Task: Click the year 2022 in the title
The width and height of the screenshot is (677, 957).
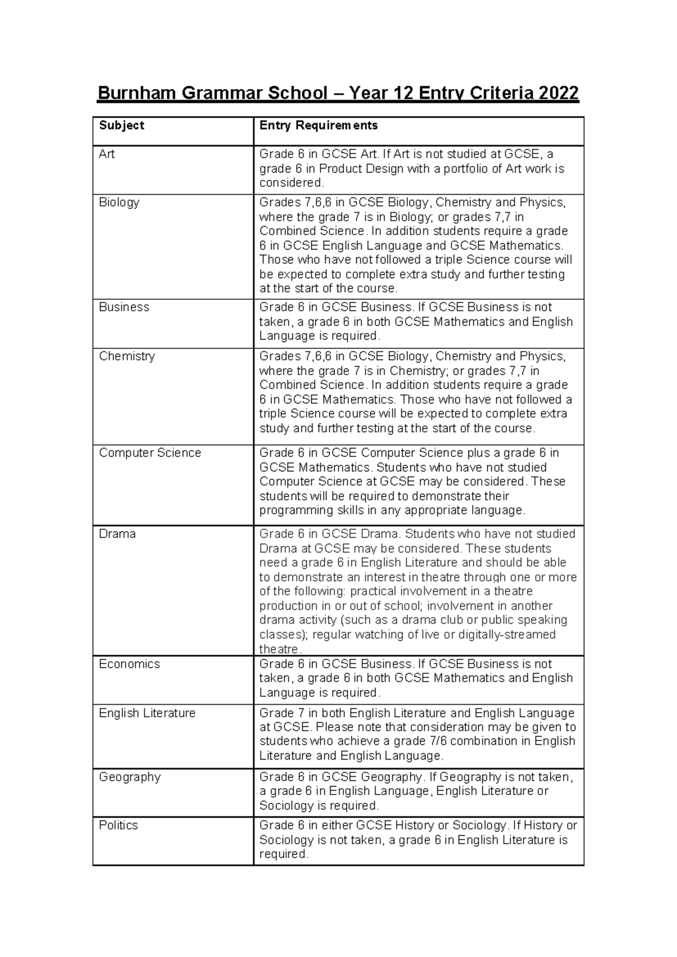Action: click(x=559, y=93)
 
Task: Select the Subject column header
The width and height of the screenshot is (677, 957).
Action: click(x=121, y=125)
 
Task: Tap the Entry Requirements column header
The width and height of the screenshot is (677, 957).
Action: click(x=318, y=125)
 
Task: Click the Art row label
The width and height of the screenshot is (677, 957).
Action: click(x=107, y=154)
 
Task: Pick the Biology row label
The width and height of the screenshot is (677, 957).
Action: click(x=119, y=203)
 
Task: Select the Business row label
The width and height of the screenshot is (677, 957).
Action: click(x=124, y=308)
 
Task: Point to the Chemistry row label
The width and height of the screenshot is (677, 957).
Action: click(x=126, y=357)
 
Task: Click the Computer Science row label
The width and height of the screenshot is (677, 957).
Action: click(x=150, y=453)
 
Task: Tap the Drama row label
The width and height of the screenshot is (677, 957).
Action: click(x=117, y=534)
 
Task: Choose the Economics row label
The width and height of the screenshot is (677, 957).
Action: click(x=129, y=664)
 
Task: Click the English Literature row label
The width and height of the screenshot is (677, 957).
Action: click(x=147, y=713)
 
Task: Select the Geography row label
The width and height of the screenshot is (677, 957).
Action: click(x=130, y=777)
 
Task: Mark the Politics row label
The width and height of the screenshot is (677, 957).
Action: click(x=118, y=826)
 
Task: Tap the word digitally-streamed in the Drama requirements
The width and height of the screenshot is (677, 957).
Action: click(x=507, y=635)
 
